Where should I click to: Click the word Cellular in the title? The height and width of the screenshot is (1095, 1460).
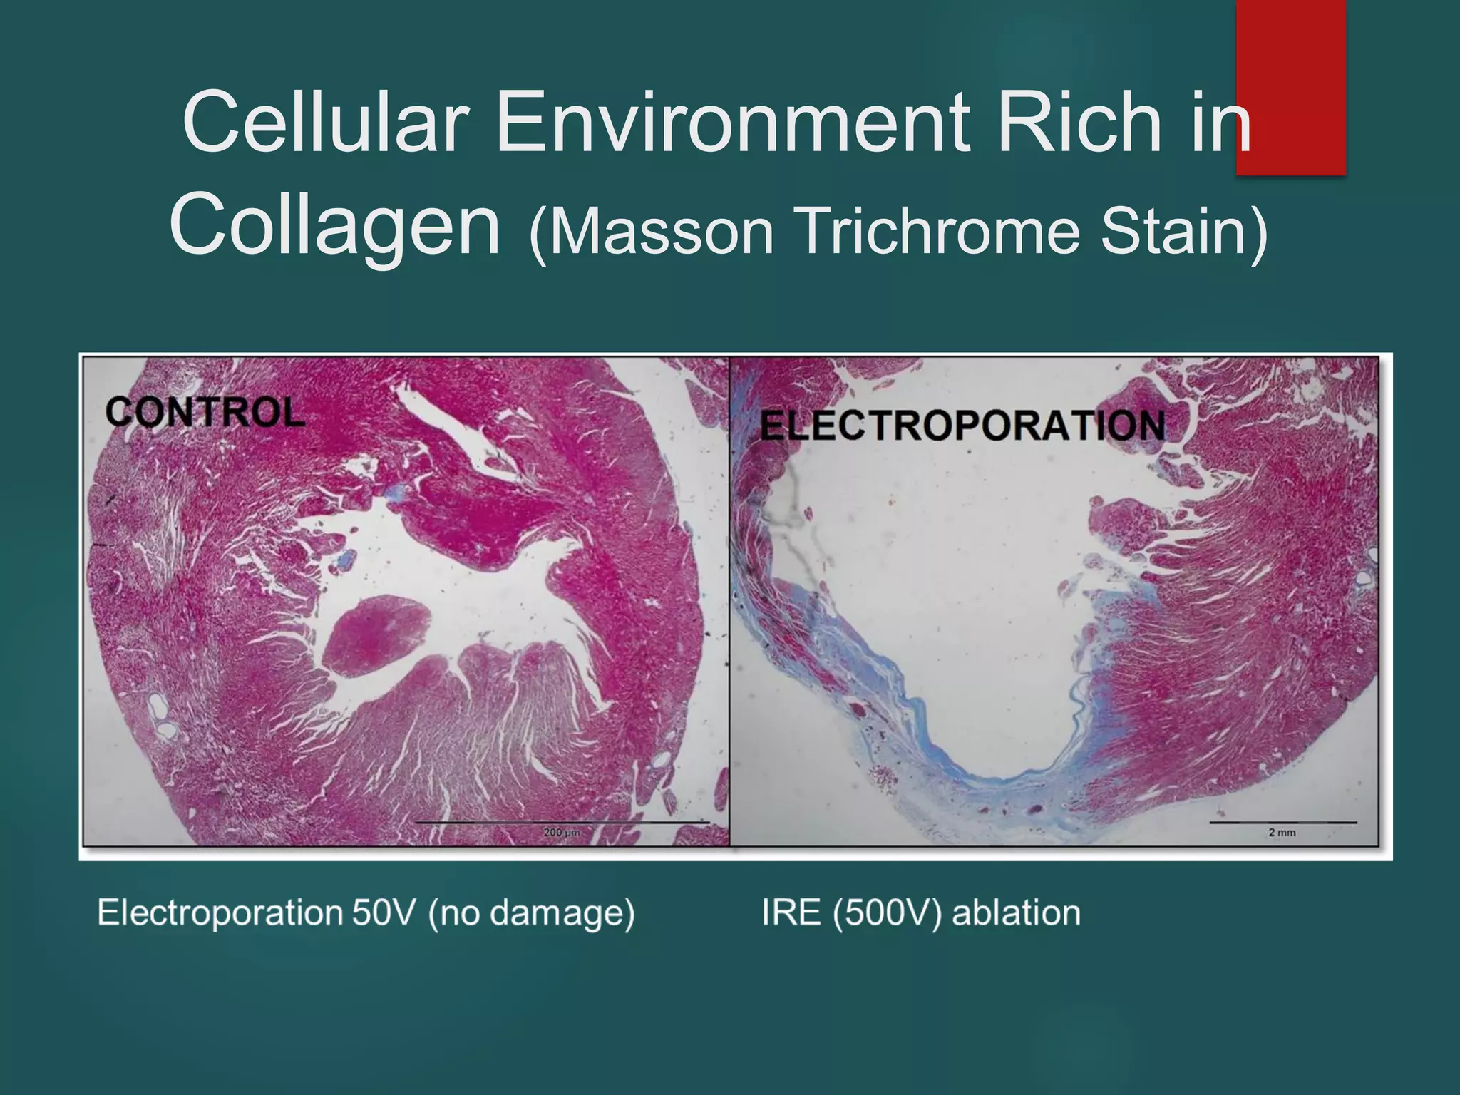click(324, 123)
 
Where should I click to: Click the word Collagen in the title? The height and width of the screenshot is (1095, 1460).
click(335, 227)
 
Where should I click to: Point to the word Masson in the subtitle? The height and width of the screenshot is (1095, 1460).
click(652, 232)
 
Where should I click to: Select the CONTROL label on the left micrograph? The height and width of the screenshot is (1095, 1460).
click(205, 413)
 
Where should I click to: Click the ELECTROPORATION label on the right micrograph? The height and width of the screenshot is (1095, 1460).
click(962, 426)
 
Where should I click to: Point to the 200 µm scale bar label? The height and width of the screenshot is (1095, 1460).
click(562, 832)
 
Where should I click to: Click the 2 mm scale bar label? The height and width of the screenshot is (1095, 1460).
click(1282, 832)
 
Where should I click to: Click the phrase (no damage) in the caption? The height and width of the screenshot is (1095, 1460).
click(532, 912)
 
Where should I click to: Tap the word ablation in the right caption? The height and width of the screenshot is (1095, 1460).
click(1017, 912)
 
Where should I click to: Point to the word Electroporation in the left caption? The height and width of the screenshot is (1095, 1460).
click(220, 912)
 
